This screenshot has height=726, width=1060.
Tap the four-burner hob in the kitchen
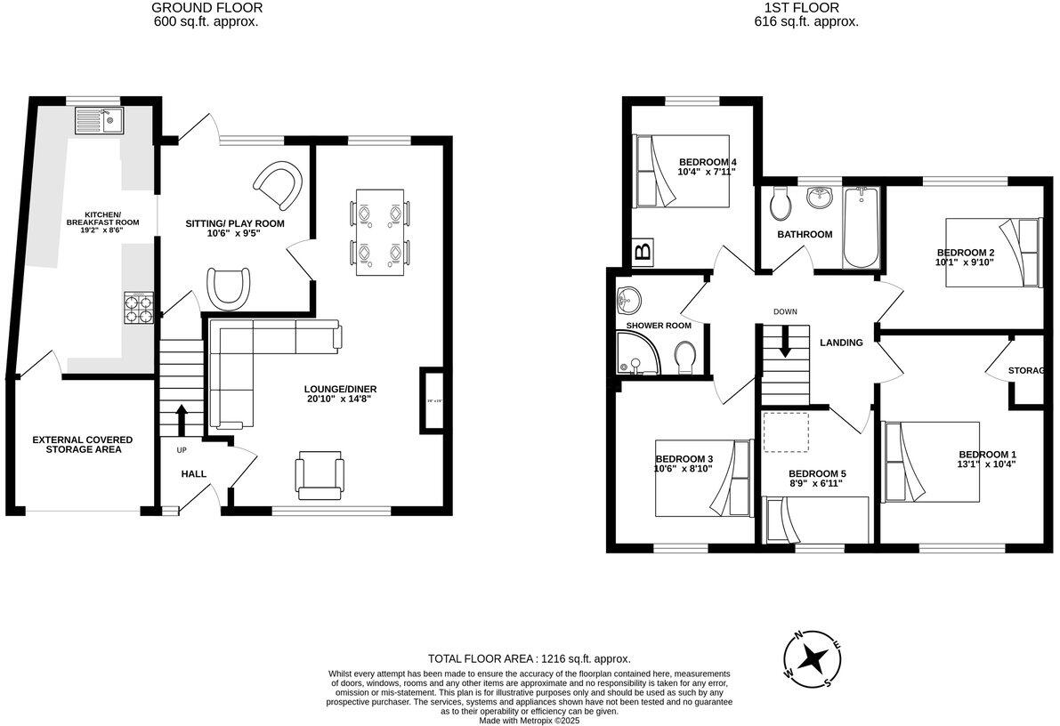[x=139, y=308]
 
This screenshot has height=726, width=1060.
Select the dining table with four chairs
[x=379, y=232]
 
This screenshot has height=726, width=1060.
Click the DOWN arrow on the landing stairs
[x=784, y=342]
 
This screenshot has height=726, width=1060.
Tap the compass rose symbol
[x=811, y=659]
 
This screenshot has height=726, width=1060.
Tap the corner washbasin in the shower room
[x=628, y=302]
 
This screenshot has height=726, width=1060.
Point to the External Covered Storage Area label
[x=83, y=445]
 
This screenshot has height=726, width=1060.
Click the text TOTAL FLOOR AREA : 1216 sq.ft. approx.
[x=529, y=659]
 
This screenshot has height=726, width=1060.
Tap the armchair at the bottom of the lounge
[x=319, y=474]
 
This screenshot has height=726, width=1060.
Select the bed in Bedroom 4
[x=681, y=172]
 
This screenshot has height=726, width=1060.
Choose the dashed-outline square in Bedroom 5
[x=787, y=433]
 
